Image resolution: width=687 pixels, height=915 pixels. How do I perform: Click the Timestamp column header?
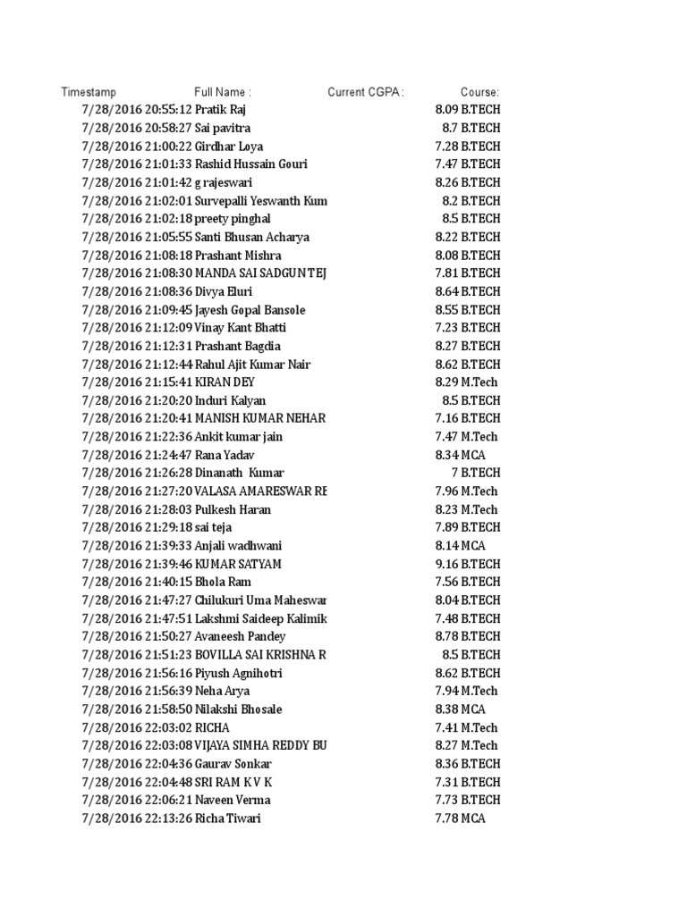point(89,92)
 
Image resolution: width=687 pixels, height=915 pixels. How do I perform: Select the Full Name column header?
point(223,92)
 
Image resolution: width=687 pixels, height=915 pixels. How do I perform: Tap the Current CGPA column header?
point(366,92)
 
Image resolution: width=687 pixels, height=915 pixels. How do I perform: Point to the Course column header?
point(479,92)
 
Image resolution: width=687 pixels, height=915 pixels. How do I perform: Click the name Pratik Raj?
point(221,110)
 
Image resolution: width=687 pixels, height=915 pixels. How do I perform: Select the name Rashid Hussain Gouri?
point(250,164)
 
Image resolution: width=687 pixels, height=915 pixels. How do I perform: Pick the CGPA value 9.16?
point(445,564)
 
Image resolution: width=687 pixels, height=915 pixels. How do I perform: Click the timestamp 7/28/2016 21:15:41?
point(137,382)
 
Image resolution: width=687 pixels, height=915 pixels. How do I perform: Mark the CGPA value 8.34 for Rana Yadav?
point(445,455)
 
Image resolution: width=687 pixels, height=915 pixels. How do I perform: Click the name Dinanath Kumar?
point(240,473)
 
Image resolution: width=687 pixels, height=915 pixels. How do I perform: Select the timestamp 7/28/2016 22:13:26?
point(137,818)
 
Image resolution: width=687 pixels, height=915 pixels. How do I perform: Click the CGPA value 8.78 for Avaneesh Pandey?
point(445,636)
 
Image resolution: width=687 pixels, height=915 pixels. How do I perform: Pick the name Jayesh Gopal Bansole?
point(250,310)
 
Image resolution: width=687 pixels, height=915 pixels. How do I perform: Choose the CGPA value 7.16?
point(445,418)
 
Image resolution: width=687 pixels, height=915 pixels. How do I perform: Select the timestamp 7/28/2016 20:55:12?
point(137,110)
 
